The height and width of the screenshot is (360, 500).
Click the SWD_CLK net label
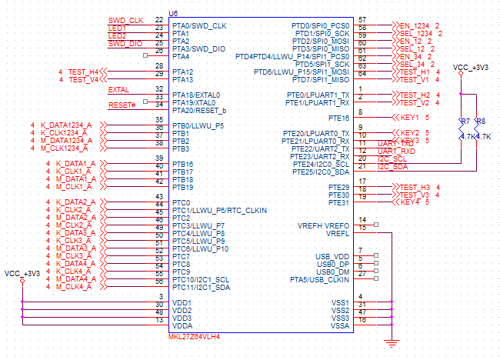125,20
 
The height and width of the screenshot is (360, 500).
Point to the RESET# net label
122,105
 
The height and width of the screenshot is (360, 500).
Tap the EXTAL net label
119,89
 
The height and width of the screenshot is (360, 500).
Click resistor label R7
465,122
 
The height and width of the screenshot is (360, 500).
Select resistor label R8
481,122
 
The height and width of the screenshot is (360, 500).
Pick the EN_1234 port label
414,26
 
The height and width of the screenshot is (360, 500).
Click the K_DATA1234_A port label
66,125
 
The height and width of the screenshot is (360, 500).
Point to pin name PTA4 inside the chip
182,56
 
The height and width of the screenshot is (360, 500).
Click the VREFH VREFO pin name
322,225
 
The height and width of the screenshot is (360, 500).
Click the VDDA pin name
182,325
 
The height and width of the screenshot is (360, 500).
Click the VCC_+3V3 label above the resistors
472,68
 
